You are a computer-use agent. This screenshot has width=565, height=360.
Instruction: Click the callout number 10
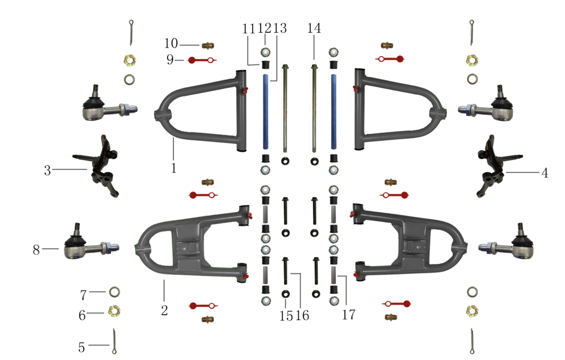(171, 43)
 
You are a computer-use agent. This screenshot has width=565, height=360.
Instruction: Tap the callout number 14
(314, 28)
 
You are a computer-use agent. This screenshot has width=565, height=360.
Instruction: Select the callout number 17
(349, 315)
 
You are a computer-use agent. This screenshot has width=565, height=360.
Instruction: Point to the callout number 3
(48, 171)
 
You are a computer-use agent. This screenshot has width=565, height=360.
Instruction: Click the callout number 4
(545, 173)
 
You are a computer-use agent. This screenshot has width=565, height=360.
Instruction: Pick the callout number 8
(36, 250)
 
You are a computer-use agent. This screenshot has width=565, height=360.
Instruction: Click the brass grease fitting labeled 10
(208, 46)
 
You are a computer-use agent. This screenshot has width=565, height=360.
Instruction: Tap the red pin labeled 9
(202, 60)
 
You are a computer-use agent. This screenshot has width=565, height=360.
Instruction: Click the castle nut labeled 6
(114, 311)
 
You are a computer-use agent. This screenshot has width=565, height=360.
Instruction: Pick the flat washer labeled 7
(114, 292)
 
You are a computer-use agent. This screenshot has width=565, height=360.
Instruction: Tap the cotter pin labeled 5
(114, 341)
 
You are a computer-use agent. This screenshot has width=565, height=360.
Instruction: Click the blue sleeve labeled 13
(266, 112)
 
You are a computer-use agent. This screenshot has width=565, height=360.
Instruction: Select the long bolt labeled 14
(315, 108)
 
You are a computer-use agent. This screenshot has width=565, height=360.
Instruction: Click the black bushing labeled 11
(265, 65)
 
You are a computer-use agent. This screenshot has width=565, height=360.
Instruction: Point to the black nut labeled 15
(285, 294)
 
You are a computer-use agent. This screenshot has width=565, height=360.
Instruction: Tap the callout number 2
(164, 310)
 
